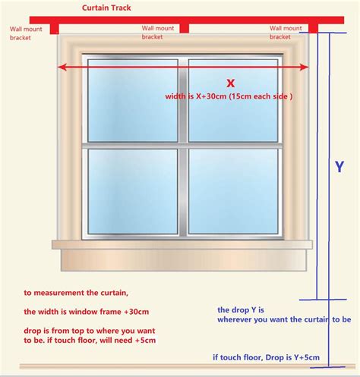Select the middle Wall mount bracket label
point(157,32)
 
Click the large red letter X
point(230,83)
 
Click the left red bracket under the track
point(54,28)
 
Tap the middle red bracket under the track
point(184,28)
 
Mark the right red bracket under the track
point(312,28)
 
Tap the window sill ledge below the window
point(182,244)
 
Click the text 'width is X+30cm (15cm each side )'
point(229,96)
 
